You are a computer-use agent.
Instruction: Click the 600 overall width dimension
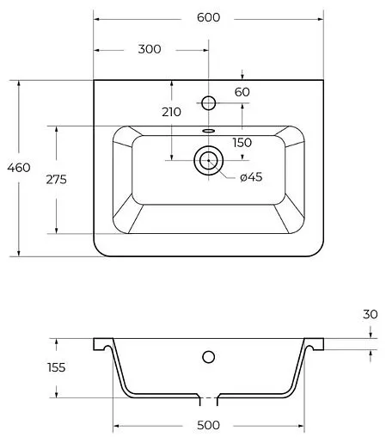coord(208,17)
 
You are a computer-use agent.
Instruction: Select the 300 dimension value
coord(150,49)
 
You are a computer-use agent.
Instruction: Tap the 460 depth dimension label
coord(19,168)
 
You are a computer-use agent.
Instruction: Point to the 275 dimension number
coord(56,180)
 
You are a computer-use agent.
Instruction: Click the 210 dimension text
coord(171,112)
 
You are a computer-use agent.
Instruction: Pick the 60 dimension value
coord(242,92)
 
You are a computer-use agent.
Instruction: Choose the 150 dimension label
coord(242,143)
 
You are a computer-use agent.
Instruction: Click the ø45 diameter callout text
coord(251,177)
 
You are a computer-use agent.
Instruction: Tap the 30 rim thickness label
coord(371,315)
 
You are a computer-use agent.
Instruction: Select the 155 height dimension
coord(57,367)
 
